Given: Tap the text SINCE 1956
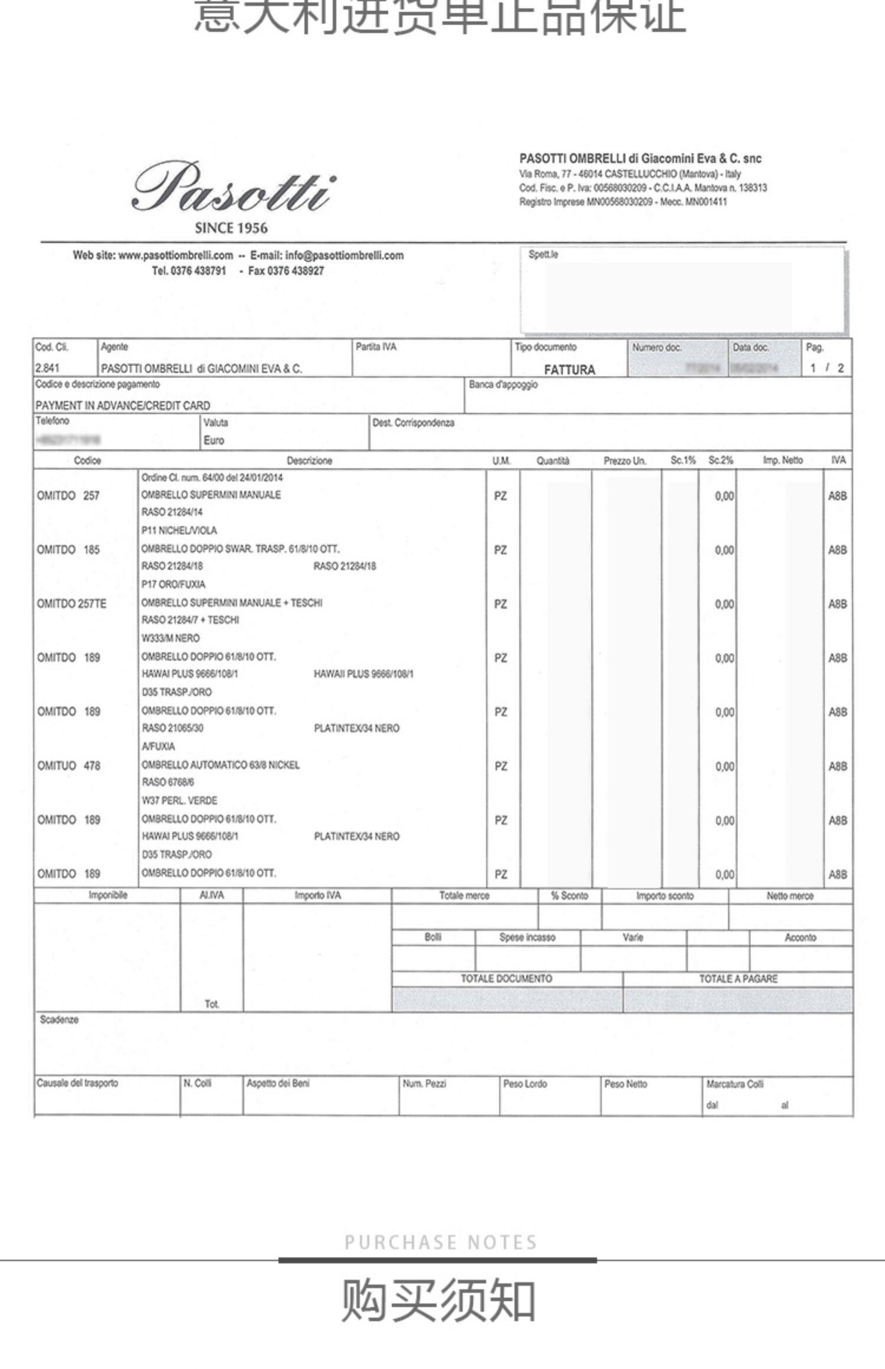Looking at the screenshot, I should (x=231, y=228).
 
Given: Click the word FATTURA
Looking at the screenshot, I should (x=569, y=370).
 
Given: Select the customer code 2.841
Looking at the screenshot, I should (x=48, y=368).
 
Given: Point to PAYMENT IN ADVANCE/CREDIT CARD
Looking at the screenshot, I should (x=123, y=406).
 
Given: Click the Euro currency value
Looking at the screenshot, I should (x=214, y=440).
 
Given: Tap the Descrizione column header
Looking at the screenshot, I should (x=309, y=460).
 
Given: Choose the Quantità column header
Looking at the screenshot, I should (x=553, y=460).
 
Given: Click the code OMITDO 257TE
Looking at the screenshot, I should (x=71, y=604).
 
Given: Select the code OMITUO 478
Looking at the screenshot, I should (x=68, y=766).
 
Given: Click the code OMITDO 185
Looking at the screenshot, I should (x=68, y=550).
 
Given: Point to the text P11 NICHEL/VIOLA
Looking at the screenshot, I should (x=179, y=531).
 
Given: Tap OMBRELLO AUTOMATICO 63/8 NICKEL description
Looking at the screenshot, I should (x=220, y=765).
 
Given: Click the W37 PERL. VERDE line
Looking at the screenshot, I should (x=179, y=801).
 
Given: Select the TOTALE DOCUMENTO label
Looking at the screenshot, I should (x=506, y=979).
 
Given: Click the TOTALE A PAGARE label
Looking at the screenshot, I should (x=738, y=979).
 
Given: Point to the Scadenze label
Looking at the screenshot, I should (x=59, y=1020).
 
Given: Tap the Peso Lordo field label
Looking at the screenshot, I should (x=525, y=1084).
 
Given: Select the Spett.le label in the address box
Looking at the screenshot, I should (x=543, y=255).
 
